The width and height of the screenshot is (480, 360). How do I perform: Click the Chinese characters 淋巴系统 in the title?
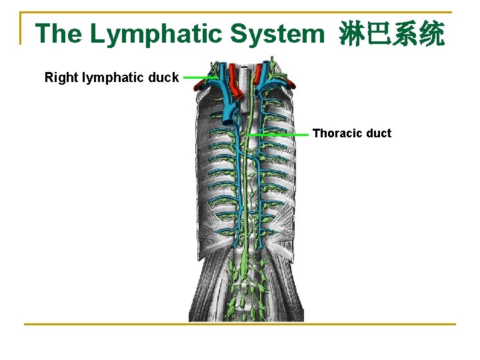(x=391, y=34)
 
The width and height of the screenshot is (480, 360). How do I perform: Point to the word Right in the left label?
(x=60, y=77)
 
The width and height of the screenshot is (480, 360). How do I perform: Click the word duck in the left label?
(x=164, y=77)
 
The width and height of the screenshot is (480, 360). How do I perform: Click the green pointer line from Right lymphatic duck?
(x=198, y=77)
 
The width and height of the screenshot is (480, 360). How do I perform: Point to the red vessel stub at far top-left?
(x=198, y=87)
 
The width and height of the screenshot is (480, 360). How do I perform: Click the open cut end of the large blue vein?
(x=229, y=121)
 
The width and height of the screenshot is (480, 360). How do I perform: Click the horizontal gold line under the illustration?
(x=240, y=325)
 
